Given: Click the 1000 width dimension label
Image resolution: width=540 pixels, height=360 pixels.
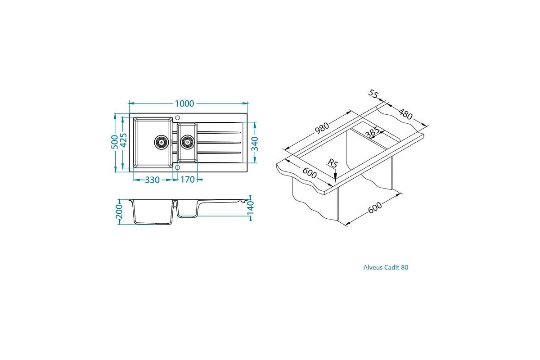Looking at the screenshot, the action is click(184, 103).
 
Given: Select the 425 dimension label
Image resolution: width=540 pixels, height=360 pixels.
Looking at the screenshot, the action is click(123, 140).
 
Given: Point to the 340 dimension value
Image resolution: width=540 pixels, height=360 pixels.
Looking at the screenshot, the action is click(255, 144).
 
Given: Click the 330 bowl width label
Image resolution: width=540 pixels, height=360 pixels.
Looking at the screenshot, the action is click(153, 180).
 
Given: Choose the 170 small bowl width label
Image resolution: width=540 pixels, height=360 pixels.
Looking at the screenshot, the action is click(187, 180).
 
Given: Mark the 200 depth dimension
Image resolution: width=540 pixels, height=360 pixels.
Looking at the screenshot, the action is click(119, 211).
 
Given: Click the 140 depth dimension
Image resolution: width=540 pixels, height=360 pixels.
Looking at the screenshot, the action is click(251, 207).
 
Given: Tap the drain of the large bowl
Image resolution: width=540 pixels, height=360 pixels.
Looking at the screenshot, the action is click(161, 142).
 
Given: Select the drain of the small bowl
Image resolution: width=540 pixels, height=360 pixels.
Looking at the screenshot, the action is click(187, 142).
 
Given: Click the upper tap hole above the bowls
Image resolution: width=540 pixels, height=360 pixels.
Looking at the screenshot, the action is click(178, 117).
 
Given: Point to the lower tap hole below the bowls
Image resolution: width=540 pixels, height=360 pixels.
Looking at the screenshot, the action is click(178, 167).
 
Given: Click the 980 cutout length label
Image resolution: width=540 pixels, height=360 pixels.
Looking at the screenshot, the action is click(322, 128).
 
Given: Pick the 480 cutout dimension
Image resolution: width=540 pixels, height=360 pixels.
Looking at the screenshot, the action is click(405, 114).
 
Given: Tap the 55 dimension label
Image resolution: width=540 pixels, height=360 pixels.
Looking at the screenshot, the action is click(373, 94).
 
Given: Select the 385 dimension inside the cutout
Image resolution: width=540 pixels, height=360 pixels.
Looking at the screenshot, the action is click(372, 132).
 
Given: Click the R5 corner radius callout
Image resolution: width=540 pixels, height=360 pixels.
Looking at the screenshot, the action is click(333, 163).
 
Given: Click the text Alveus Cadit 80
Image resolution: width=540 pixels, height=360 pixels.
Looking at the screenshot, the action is click(386, 267).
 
